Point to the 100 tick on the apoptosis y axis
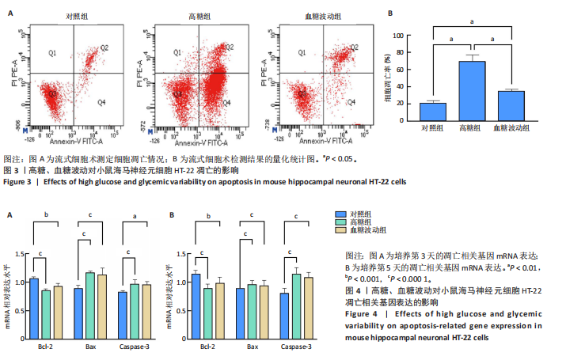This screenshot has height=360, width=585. (x=410, y=36)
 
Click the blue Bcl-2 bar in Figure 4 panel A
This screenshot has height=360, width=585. (x=34, y=308)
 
